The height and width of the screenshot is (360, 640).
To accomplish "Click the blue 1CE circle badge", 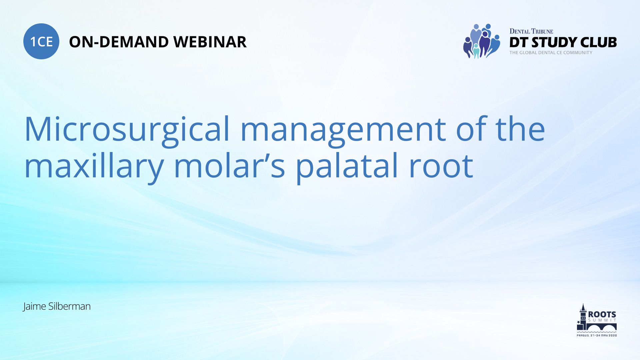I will pyautogui.click(x=41, y=41).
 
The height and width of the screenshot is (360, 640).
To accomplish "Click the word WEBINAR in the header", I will pyautogui.click(x=210, y=42).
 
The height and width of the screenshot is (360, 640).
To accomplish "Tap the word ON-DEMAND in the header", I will pyautogui.click(x=119, y=42).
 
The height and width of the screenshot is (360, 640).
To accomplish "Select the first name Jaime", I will pyautogui.click(x=34, y=306).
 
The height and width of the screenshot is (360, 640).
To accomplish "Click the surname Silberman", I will pyautogui.click(x=69, y=306).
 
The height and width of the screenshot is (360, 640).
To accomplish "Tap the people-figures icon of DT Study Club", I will pyautogui.click(x=481, y=41).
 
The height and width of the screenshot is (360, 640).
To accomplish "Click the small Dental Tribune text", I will pyautogui.click(x=531, y=31).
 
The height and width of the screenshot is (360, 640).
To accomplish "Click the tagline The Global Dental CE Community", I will pyautogui.click(x=551, y=53).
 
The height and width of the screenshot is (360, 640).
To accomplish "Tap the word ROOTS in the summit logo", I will pyautogui.click(x=602, y=314).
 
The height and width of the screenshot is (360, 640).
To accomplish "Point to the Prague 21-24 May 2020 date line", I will pyautogui.click(x=597, y=335).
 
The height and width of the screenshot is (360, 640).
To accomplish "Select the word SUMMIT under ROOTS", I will pyautogui.click(x=602, y=320).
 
